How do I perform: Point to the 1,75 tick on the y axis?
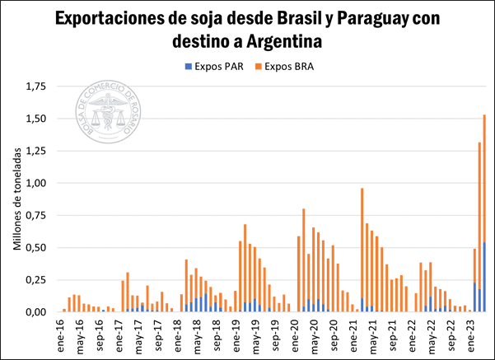tap(35, 86)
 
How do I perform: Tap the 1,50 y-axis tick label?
tap(35, 119)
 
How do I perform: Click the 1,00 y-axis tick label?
tap(35, 183)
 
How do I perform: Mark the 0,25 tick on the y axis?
tap(35, 279)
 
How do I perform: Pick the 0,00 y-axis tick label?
tap(35, 311)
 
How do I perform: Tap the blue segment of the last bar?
tap(484, 277)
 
